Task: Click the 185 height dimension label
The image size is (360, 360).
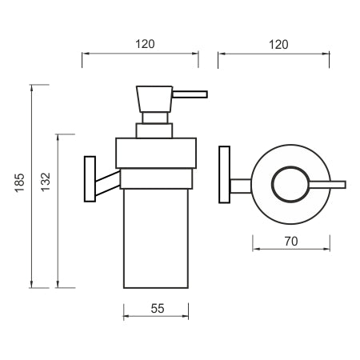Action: (x=19, y=182)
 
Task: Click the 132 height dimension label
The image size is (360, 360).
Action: (x=46, y=182)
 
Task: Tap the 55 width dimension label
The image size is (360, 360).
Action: (x=158, y=309)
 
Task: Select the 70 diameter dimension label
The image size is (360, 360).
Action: (x=291, y=242)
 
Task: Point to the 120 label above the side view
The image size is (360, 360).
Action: (x=145, y=44)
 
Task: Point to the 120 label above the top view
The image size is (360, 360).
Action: (x=278, y=45)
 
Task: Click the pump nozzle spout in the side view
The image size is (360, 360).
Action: (x=190, y=94)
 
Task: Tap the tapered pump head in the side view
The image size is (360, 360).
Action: (x=154, y=99)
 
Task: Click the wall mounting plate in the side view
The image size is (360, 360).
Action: (x=90, y=179)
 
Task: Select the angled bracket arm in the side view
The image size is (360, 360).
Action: (x=108, y=183)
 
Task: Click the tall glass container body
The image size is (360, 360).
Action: (x=156, y=238)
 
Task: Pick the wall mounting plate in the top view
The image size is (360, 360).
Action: (x=224, y=174)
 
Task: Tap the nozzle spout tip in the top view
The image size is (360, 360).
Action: (x=345, y=185)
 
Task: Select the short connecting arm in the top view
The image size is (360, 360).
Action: (x=241, y=186)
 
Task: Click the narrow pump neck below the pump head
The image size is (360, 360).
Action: (x=155, y=118)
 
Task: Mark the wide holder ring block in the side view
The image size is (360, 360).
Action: (x=156, y=153)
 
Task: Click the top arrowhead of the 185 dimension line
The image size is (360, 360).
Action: (x=32, y=88)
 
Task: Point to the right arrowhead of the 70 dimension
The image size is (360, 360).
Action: (x=326, y=249)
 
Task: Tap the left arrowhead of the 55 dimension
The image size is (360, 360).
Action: (x=127, y=316)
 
